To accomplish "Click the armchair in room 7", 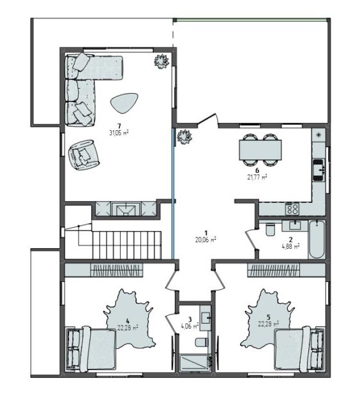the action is (84, 155).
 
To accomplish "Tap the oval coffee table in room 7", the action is (124, 103).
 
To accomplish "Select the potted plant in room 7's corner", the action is (161, 61).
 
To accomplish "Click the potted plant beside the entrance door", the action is (184, 137).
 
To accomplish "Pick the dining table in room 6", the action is (260, 150).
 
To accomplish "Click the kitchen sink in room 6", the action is (319, 170).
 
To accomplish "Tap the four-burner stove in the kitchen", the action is (292, 209).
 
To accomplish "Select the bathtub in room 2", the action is (317, 239).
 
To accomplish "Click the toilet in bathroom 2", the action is (270, 228).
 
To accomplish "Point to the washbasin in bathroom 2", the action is (295, 225).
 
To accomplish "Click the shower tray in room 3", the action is (195, 362).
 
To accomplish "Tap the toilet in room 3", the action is (202, 342).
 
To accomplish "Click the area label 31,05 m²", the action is (119, 133).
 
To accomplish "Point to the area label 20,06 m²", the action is (206, 240).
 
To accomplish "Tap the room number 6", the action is (257, 171).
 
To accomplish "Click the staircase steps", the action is (126, 245).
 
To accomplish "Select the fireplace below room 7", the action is (126, 209).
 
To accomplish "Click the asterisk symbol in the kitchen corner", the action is (319, 135).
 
